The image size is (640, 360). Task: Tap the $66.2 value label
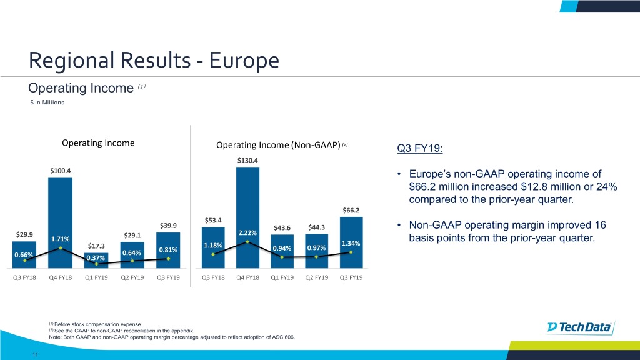point(351,209)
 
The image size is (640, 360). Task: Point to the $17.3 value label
point(96,246)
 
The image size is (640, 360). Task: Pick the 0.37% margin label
point(96,258)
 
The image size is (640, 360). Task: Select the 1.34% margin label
point(352,243)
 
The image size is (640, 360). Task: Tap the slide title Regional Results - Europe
point(153,61)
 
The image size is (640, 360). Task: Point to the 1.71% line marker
point(61,248)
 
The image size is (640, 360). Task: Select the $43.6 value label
point(282,227)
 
